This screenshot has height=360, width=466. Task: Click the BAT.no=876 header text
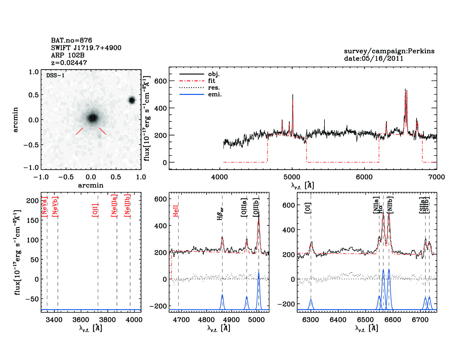(x=71, y=40)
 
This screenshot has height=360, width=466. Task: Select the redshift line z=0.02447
(x=69, y=63)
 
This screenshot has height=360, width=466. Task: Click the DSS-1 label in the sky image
(x=55, y=75)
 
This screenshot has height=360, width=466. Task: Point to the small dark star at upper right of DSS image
(x=132, y=100)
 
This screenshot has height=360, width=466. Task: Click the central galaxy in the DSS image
(x=92, y=118)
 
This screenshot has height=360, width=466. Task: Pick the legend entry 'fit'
(x=212, y=81)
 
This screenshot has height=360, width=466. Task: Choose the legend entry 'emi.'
(x=215, y=94)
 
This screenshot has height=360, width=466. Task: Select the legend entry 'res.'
(x=214, y=88)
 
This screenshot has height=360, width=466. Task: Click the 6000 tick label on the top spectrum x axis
(x=364, y=177)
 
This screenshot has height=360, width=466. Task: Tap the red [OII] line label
(x=95, y=210)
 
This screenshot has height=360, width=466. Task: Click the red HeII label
(x=176, y=211)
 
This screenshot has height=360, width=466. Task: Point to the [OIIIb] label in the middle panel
(x=256, y=208)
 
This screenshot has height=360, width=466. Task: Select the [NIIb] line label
(x=390, y=205)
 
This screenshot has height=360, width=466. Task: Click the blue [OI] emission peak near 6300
(x=311, y=300)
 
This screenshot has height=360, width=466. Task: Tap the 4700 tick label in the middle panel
(x=181, y=320)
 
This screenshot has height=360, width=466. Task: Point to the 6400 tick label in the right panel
(x=338, y=320)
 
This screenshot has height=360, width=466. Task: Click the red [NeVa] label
(x=44, y=207)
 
